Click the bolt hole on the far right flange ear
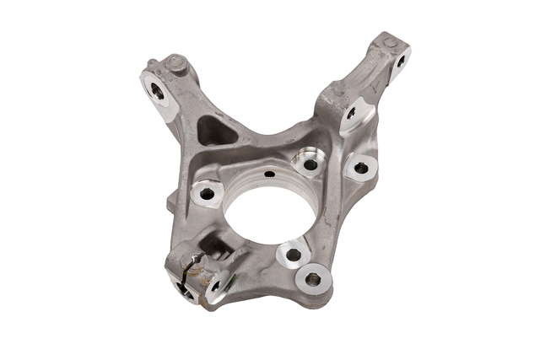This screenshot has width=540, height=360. (361, 168)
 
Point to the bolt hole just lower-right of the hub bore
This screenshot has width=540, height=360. (293, 254)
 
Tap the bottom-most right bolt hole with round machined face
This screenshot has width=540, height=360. (315, 277)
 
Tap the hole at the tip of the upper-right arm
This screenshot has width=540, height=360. (399, 59)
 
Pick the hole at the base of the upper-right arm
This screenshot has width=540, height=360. (350, 112)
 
